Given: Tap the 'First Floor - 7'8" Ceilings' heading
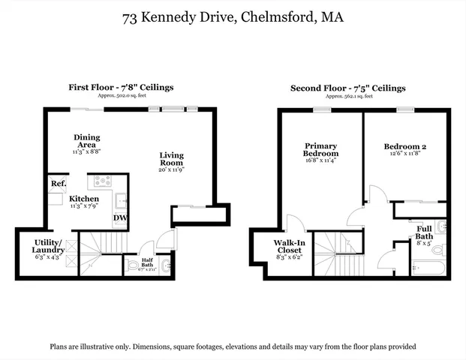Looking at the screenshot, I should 119,88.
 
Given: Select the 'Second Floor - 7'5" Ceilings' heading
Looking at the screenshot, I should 348,88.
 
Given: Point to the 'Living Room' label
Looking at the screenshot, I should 171,159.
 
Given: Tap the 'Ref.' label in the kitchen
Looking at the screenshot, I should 58,184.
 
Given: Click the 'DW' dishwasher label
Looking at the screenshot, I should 119,218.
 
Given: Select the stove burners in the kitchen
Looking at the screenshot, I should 102,181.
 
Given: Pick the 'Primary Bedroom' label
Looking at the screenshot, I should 320,149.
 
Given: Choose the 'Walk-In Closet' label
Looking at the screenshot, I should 287,246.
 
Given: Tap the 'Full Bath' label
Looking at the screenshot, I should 423,232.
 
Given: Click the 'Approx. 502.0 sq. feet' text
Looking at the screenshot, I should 119,96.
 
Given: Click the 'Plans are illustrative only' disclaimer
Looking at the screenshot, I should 233,346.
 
